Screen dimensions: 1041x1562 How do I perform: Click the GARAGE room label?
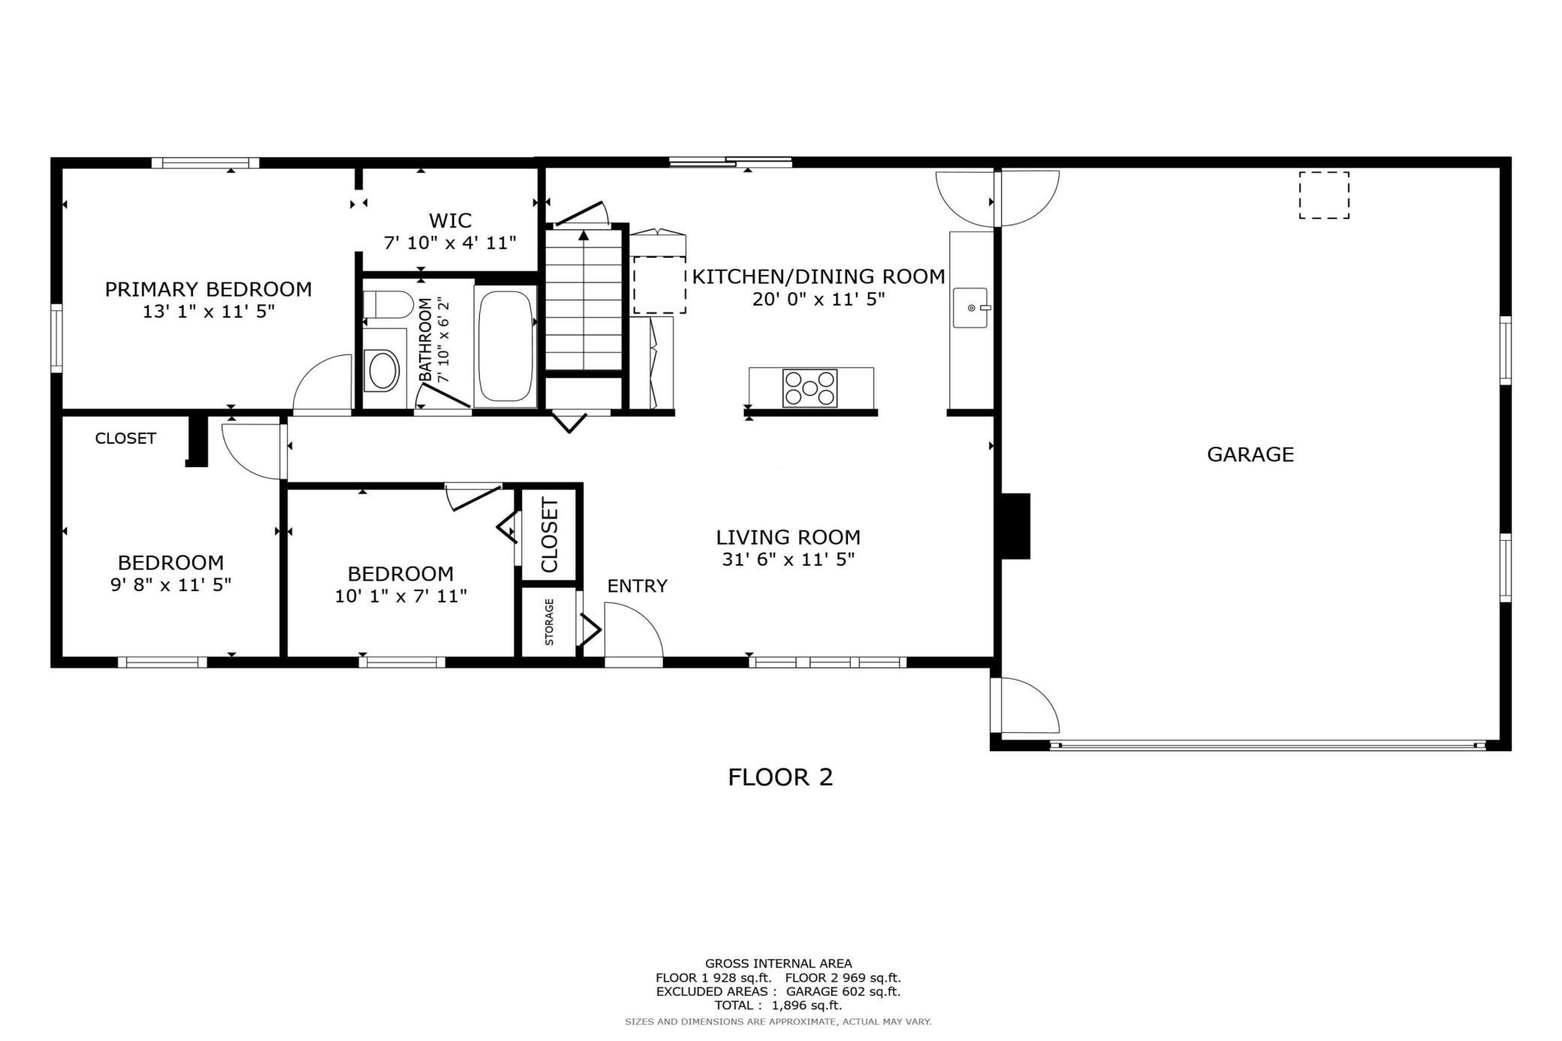[1250, 454]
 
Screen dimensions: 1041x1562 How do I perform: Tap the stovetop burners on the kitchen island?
[810, 388]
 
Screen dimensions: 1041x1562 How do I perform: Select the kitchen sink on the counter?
[970, 308]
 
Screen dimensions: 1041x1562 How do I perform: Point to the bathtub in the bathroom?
[505, 346]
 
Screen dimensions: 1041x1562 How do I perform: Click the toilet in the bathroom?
[387, 305]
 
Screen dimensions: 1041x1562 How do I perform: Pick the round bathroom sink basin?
[382, 370]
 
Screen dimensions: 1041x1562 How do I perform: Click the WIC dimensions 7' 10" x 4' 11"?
[450, 243]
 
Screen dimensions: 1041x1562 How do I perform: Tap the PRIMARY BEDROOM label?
[208, 289]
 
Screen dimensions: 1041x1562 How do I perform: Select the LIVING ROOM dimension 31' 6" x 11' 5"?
[788, 560]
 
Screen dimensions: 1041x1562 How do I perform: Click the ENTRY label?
[637, 586]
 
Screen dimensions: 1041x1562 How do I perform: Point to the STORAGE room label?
[549, 622]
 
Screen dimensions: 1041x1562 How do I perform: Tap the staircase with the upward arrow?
[583, 300]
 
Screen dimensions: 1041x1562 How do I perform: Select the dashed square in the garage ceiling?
[1324, 195]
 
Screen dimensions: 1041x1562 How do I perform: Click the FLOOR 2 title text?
[780, 777]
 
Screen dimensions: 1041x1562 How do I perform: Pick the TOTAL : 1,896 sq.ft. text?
[778, 1005]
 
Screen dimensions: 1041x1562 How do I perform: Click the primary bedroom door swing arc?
[321, 383]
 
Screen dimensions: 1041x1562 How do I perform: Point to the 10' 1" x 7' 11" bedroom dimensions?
[400, 596]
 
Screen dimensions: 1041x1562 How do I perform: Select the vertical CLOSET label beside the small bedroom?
[549, 535]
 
